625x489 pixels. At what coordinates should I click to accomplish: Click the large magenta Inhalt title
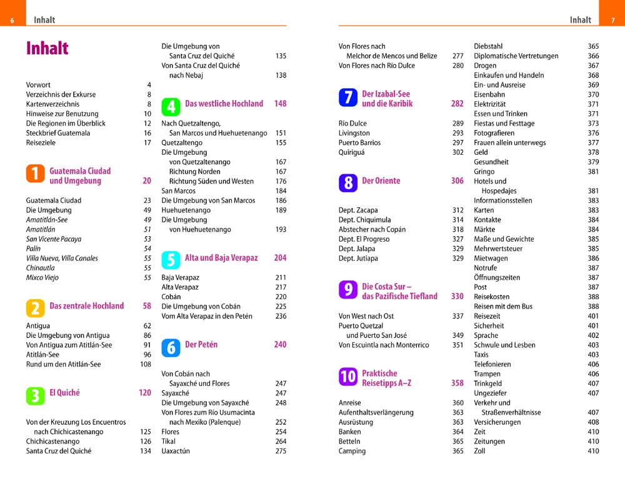click(47, 48)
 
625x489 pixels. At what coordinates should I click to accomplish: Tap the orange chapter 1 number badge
click(35, 174)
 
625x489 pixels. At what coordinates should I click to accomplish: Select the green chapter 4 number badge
click(171, 106)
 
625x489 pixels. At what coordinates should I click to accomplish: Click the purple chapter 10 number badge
click(348, 377)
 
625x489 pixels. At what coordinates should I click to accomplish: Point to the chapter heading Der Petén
click(201, 345)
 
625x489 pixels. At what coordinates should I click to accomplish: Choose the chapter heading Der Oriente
click(381, 180)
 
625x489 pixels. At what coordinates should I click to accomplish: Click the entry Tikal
click(168, 441)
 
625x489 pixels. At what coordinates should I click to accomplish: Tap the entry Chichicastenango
click(52, 441)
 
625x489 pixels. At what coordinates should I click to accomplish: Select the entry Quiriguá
click(351, 152)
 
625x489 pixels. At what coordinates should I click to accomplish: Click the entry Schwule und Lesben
click(504, 345)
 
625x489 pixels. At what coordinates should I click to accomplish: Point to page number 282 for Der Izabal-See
click(457, 104)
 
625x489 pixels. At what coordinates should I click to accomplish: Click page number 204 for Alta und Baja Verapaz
click(280, 258)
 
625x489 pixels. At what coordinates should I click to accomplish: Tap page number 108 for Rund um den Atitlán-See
click(146, 364)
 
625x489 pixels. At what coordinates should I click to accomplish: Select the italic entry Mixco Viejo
click(42, 277)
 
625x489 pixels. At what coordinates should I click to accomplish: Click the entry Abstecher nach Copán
click(372, 229)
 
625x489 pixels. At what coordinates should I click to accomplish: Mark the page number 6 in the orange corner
click(12, 21)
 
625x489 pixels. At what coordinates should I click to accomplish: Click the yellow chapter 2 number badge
click(35, 309)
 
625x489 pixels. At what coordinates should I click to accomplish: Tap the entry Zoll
click(479, 451)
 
